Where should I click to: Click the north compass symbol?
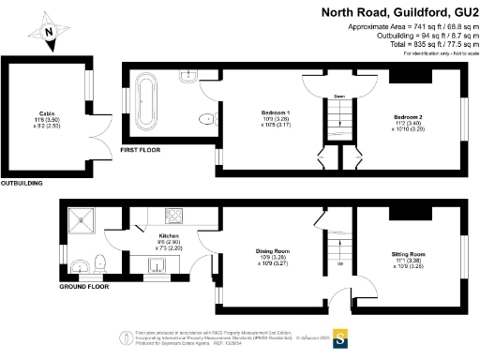(52, 31)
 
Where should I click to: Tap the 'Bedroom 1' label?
(275, 113)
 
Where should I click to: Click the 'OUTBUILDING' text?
(22, 183)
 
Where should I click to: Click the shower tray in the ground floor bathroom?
(82, 221)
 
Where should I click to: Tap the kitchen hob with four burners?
(175, 214)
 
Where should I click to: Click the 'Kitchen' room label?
(169, 235)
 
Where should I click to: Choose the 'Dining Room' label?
(273, 251)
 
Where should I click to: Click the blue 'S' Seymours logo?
(341, 337)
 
